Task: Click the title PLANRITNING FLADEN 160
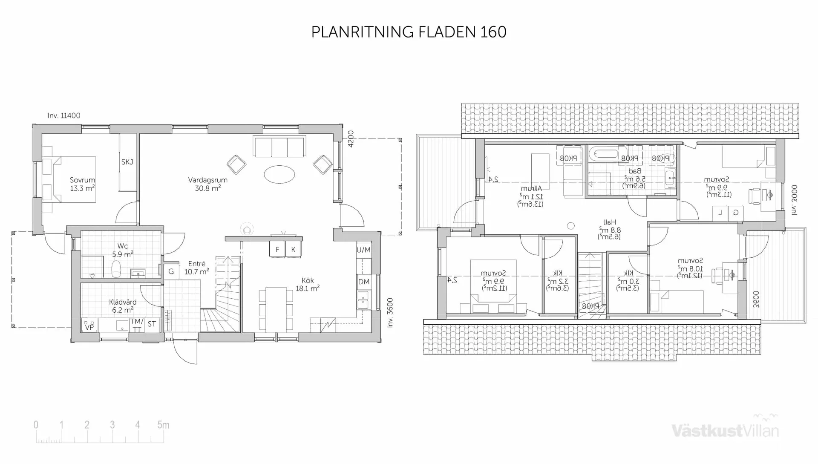pos(409,32)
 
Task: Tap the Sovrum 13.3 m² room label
pos(82,184)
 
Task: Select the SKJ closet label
pos(127,162)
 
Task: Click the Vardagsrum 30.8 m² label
pos(208,184)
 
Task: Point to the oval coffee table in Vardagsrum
pos(279,174)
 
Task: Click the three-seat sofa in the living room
pos(279,147)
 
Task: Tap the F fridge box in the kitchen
pos(277,250)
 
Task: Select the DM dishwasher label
pos(363,282)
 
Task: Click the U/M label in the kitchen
pos(363,250)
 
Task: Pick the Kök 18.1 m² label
pos(308,284)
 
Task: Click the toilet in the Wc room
pos(116,269)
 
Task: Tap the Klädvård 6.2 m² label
pos(123,306)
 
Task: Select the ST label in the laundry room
pos(152,324)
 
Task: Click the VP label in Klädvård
pos(89,327)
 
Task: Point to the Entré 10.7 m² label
pos(196,268)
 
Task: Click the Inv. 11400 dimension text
pos(64,115)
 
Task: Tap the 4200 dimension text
pos(351,139)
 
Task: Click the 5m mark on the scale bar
pos(163,425)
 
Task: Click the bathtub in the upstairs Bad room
pos(603,154)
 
